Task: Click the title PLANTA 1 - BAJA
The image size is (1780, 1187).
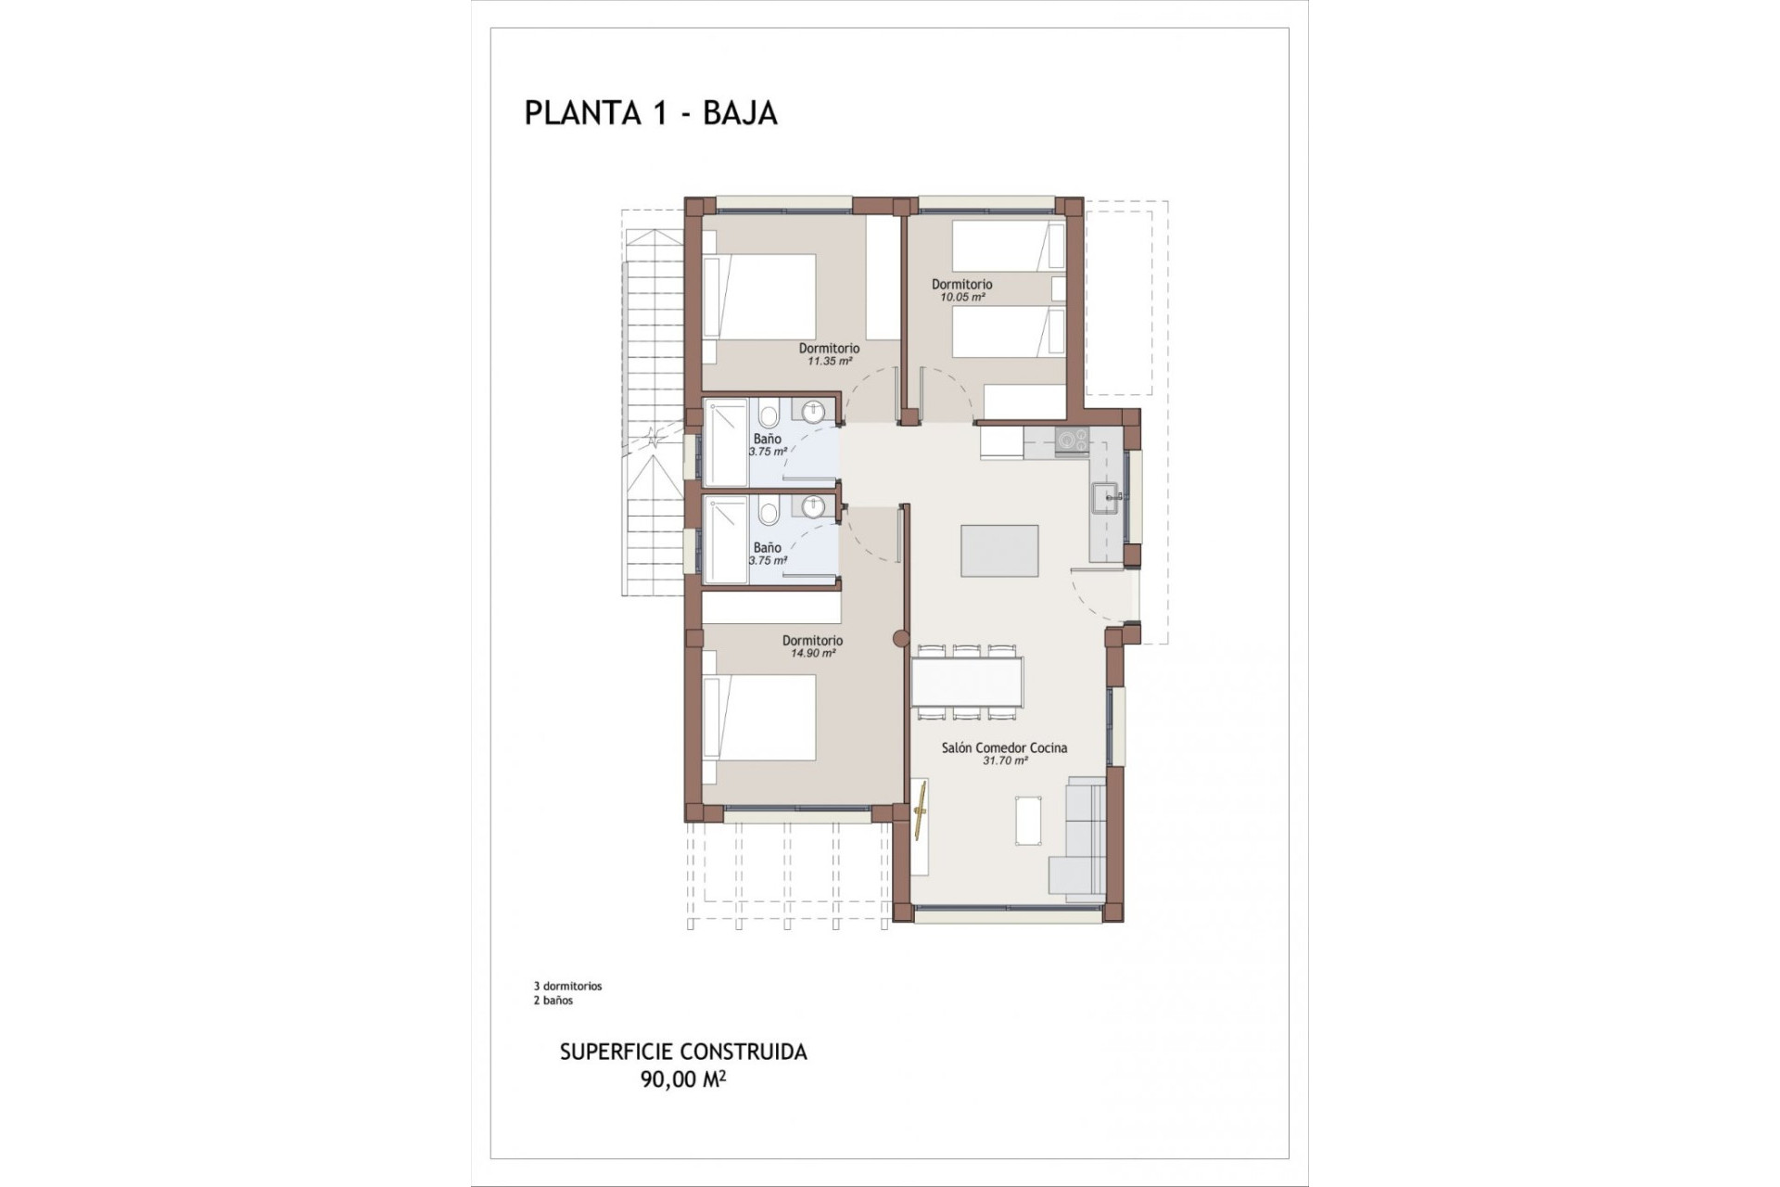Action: pos(650,112)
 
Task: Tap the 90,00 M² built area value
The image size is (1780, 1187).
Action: pos(682,1079)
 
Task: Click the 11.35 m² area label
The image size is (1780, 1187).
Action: pos(829,362)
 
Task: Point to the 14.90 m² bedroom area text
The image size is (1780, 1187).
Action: pos(812,653)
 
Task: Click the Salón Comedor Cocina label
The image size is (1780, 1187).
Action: pos(1004,747)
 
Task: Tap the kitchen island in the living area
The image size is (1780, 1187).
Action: pos(999,550)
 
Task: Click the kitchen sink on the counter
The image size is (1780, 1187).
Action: pos(1106,498)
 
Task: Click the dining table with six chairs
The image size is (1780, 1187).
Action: pos(967,682)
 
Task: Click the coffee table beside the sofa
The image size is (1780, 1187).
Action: pos(1028,821)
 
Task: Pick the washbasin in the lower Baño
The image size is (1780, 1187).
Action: pos(813,506)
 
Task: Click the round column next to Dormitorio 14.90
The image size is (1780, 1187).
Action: pos(898,638)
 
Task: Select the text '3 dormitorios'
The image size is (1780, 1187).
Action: pos(567,987)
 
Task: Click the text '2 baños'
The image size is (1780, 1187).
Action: pos(553,1001)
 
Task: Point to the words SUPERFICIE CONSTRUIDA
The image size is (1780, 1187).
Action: pos(682,1052)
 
